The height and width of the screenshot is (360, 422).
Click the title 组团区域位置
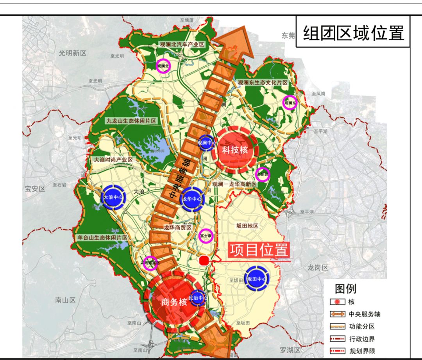click(x=354, y=33)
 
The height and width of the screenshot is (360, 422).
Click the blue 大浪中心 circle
click(x=113, y=197)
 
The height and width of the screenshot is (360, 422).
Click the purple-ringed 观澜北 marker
click(x=163, y=66)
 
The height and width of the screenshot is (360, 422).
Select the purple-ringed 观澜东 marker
click(x=290, y=103)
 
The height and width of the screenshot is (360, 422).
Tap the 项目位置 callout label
click(x=259, y=250)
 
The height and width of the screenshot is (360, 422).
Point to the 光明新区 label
click(x=72, y=53)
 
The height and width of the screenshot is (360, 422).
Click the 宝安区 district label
click(x=35, y=189)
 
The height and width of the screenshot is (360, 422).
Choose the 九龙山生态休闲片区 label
click(x=131, y=121)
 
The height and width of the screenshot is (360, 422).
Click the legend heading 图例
click(x=346, y=289)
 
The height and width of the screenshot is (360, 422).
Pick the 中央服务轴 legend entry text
click(x=364, y=314)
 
